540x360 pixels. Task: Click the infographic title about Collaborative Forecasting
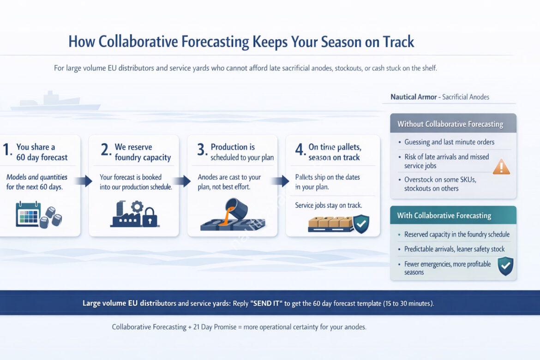click(241, 42)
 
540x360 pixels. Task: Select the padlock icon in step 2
click(149, 217)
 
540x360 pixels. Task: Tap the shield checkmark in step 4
click(360, 224)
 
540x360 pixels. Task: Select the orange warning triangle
click(501, 166)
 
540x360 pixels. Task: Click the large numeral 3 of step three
click(201, 150)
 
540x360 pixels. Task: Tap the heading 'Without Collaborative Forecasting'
click(450, 124)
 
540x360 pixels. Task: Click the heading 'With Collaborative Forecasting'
click(444, 216)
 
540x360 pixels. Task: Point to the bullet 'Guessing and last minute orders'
click(449, 142)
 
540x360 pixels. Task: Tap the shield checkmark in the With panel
click(505, 266)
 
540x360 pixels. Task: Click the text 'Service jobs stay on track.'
click(328, 205)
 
